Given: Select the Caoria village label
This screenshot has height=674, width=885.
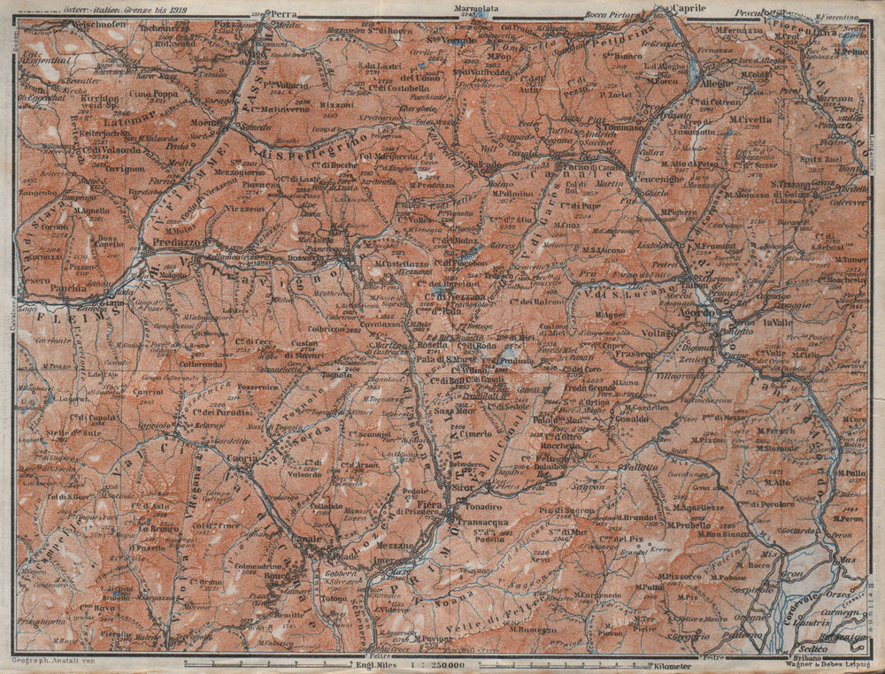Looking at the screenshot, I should point(243,460).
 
